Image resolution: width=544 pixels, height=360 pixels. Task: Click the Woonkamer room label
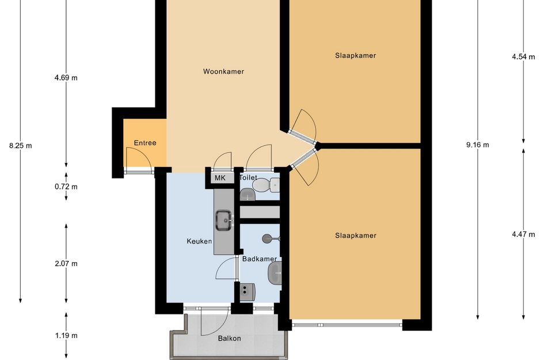(x=223, y=72)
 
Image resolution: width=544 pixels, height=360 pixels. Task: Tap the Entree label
(x=145, y=143)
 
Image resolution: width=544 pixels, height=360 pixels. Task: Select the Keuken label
(x=200, y=241)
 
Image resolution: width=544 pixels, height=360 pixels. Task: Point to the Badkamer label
(x=260, y=259)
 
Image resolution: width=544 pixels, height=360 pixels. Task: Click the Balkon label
(x=229, y=338)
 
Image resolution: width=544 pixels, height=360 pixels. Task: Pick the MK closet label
(x=220, y=178)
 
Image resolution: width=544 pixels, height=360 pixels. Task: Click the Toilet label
(x=248, y=178)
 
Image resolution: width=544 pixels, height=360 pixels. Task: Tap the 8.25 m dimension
(x=21, y=146)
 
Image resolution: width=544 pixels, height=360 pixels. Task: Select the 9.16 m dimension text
(x=477, y=145)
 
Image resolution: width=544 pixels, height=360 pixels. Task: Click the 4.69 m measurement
(x=66, y=78)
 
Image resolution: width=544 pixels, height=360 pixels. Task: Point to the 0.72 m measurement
(x=66, y=187)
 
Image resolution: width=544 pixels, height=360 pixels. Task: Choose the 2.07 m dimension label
(x=66, y=264)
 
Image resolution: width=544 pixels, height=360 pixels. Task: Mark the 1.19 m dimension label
(x=66, y=335)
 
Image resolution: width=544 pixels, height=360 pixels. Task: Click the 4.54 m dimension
(x=523, y=57)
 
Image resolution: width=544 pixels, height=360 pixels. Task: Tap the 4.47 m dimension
(x=523, y=234)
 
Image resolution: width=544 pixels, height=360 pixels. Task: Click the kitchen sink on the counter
(x=224, y=219)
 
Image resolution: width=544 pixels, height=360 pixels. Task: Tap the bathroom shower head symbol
(x=267, y=238)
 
